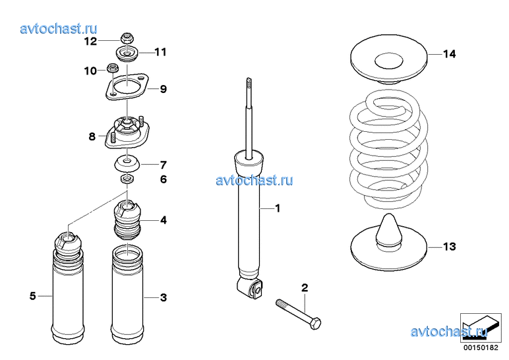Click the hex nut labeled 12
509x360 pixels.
127,39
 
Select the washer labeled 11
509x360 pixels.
127,53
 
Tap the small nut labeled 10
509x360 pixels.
112,67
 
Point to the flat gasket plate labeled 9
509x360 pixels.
127,86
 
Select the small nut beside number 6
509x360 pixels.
127,179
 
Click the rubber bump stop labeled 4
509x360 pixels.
127,220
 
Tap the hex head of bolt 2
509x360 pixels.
315,324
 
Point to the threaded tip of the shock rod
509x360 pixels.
249,84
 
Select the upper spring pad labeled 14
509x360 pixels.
388,59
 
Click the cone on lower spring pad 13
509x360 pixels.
389,231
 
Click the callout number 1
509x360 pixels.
278,208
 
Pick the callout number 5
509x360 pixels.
32,296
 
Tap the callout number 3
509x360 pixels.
164,297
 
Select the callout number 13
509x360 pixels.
450,247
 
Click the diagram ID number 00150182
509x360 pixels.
481,347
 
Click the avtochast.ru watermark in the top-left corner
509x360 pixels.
59,28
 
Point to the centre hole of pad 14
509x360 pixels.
389,61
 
